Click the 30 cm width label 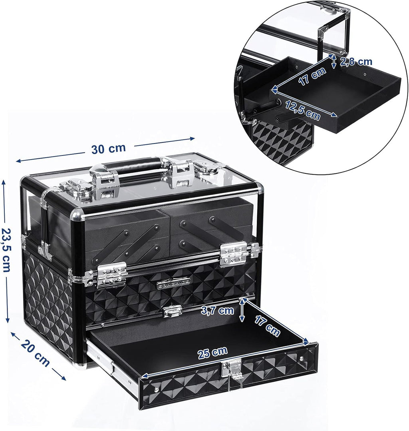(108, 149)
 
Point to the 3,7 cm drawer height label (218, 310)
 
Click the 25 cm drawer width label (213, 353)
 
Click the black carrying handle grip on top (136, 165)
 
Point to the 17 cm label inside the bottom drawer (266, 324)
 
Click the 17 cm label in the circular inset (313, 76)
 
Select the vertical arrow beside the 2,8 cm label (334, 62)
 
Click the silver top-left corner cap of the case (24, 179)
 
